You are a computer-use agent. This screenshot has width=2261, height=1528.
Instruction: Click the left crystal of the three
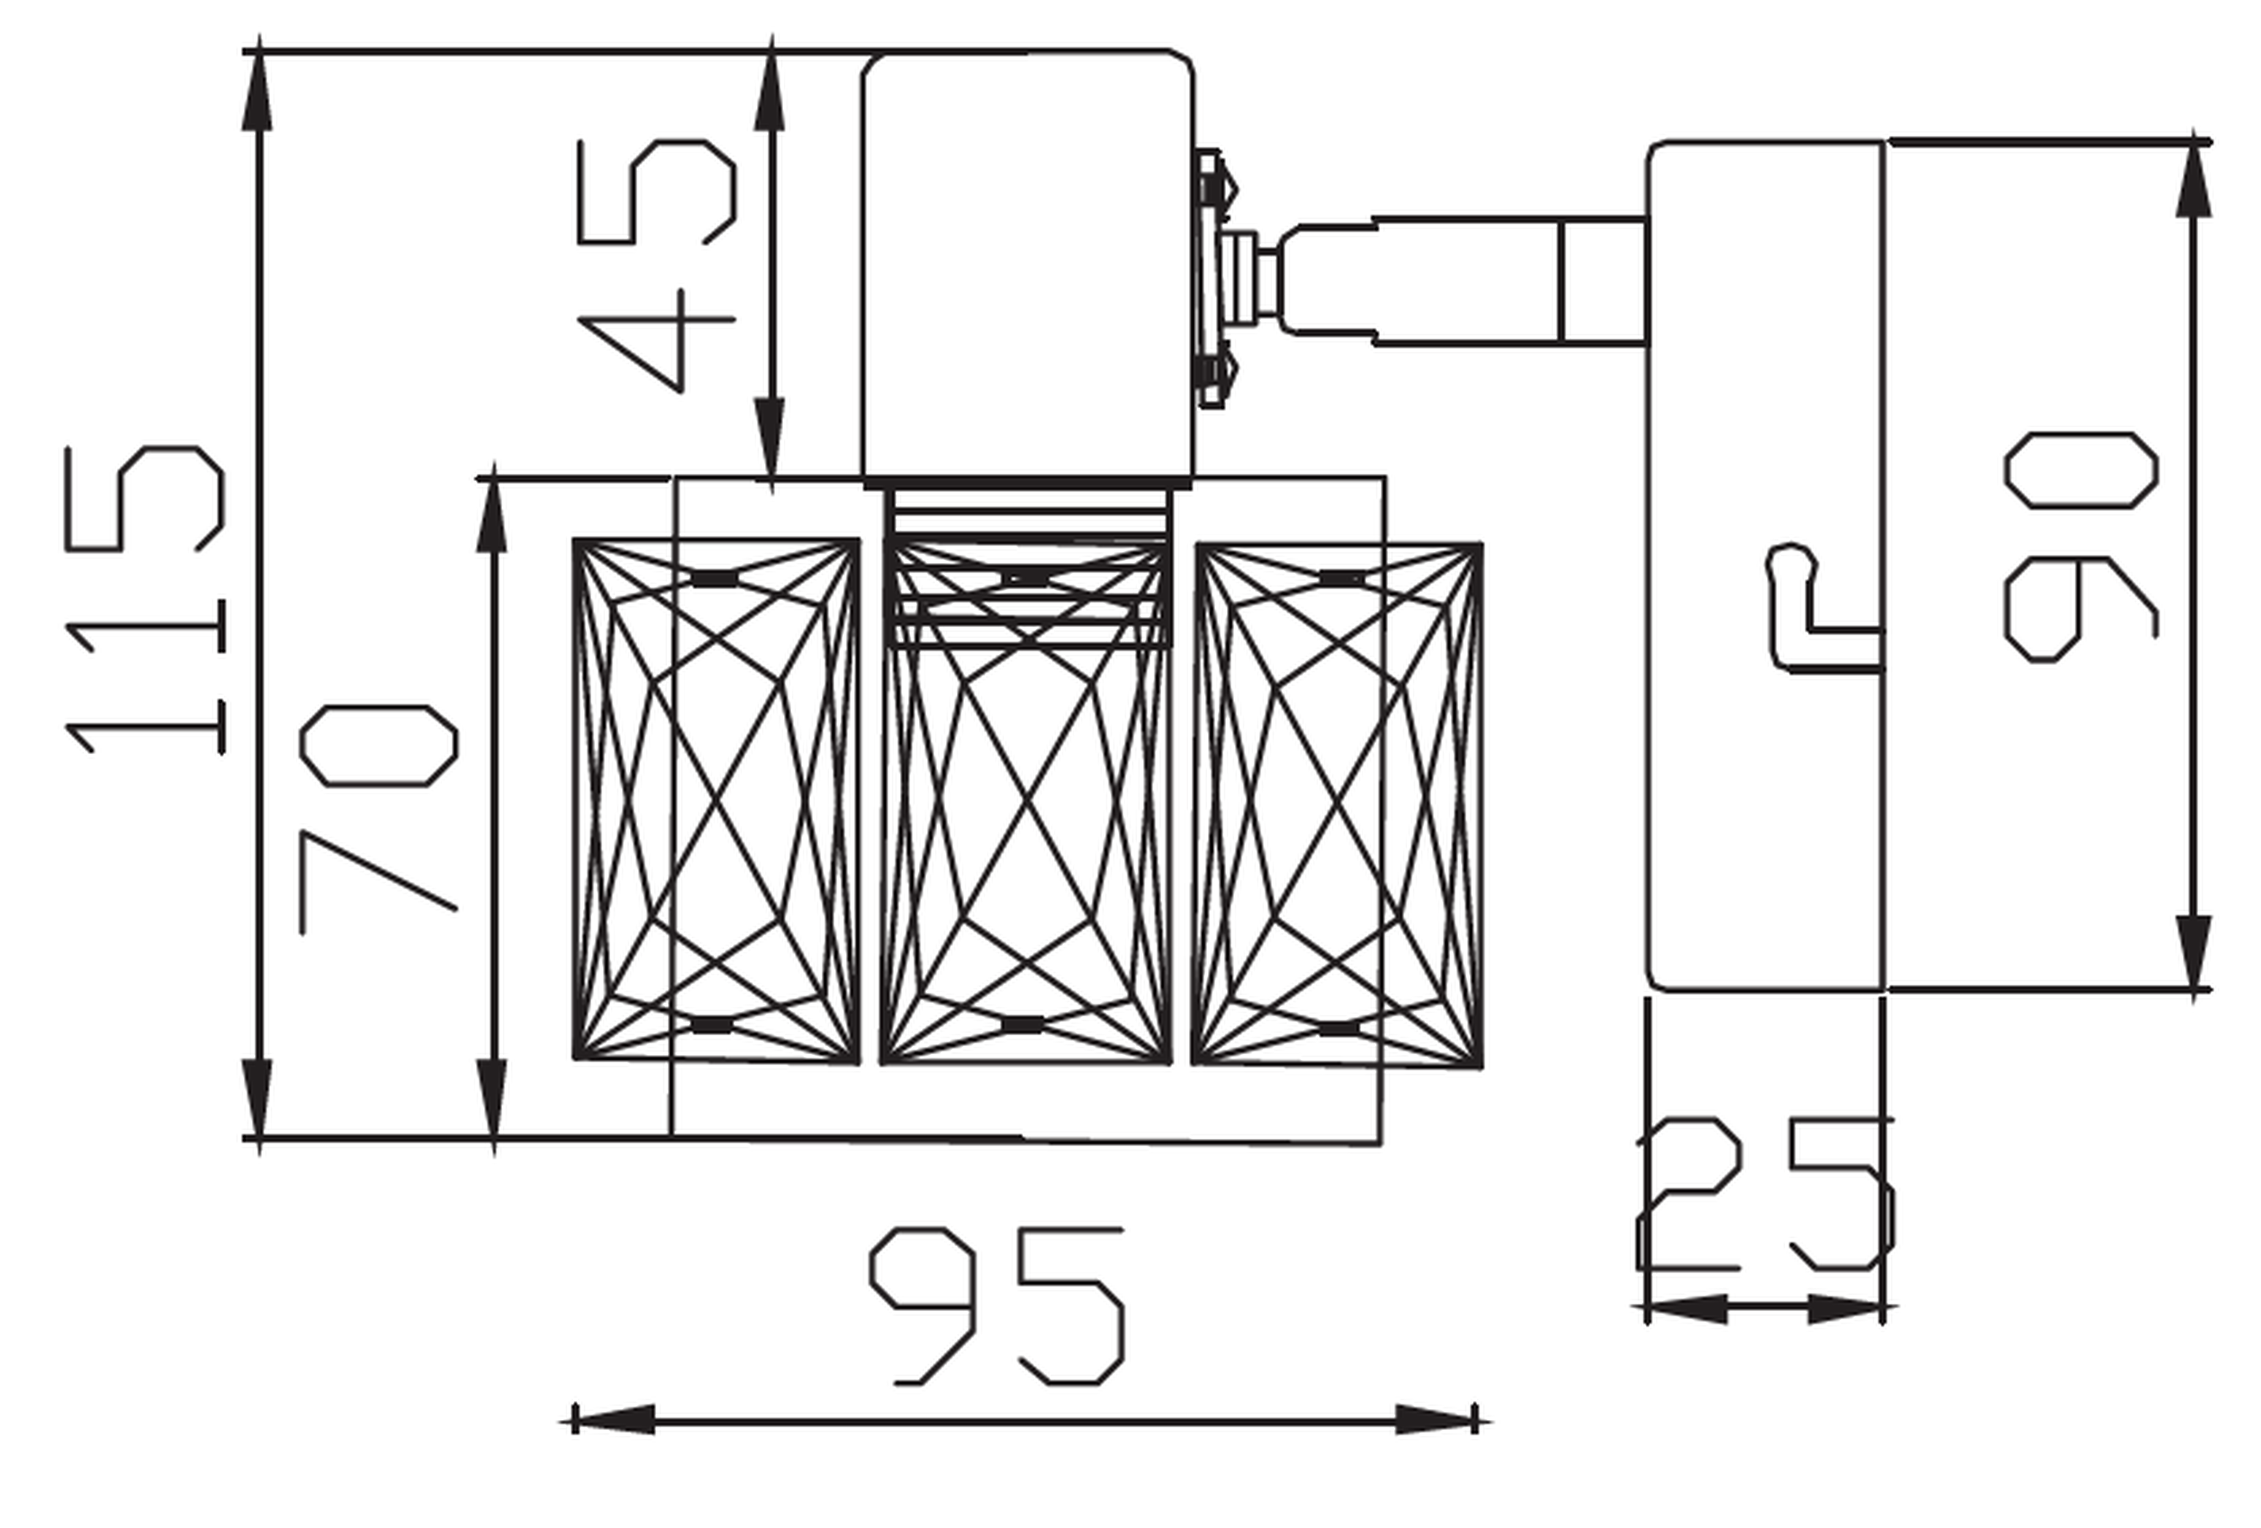tap(716, 801)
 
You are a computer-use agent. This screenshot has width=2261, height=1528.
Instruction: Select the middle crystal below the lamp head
tap(1026, 801)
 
